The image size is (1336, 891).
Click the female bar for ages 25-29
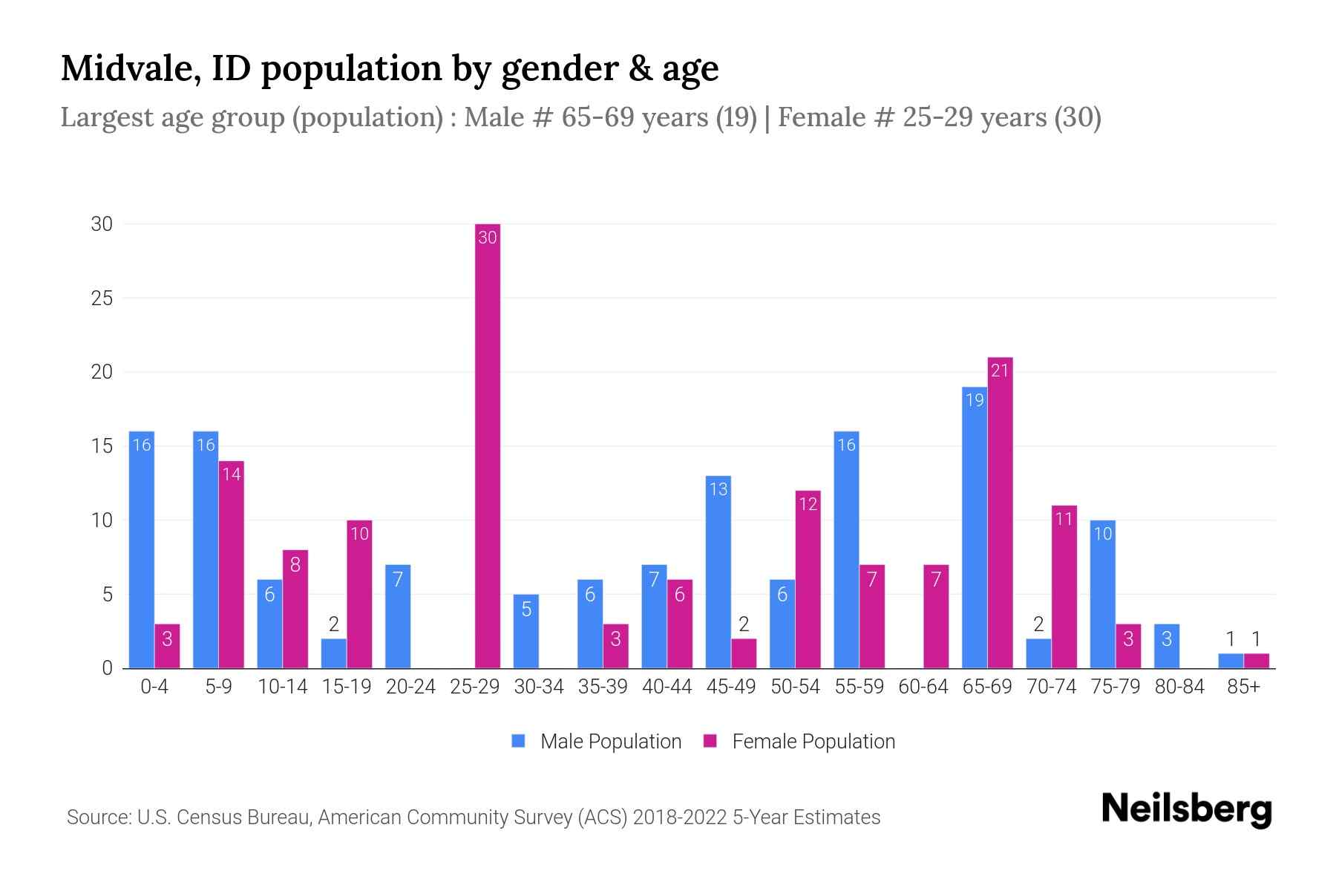tap(488, 446)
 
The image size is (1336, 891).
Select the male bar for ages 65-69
tap(975, 527)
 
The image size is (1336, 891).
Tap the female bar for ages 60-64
tap(936, 616)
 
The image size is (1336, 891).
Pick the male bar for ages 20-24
tap(398, 616)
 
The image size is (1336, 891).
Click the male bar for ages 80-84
tap(1167, 646)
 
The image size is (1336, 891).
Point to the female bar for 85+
tap(1256, 661)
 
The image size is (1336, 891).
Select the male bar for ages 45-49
tap(718, 572)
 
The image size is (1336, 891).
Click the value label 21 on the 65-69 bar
tap(1000, 370)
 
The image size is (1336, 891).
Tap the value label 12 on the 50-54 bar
tap(808, 504)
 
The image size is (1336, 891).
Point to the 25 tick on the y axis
tap(102, 298)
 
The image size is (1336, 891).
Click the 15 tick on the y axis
tap(102, 446)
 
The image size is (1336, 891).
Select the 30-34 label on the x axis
tap(539, 687)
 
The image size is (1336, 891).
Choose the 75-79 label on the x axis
tap(1116, 687)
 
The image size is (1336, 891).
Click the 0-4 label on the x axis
tap(154, 687)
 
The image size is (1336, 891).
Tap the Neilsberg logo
tap(1186, 809)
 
